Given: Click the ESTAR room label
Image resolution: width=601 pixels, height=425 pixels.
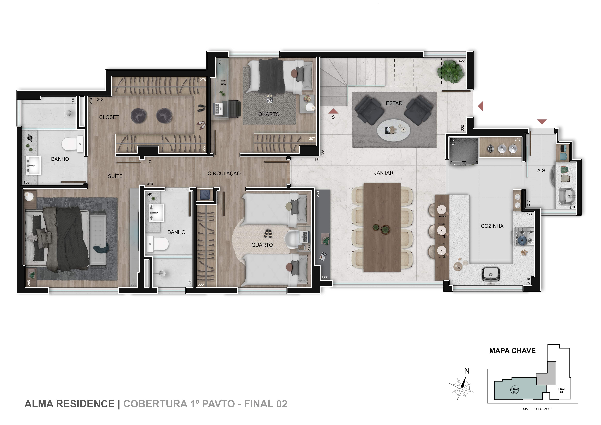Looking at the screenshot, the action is tap(394, 103).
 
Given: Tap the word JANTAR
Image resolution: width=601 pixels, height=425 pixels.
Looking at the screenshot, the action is tap(384, 173).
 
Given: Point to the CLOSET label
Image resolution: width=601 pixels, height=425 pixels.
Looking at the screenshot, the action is tap(109, 117).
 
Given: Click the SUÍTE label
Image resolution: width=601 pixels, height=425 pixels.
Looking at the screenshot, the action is tap(115, 176).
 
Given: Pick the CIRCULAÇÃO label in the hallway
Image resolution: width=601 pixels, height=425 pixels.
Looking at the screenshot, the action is tap(224, 173).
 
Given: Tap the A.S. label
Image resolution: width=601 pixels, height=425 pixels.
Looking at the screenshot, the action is tap(542, 171).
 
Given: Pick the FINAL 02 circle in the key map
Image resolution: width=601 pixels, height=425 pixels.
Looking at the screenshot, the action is tap(515, 390).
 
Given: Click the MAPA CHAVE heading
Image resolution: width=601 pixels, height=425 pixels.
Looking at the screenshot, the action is tap(513, 351).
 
